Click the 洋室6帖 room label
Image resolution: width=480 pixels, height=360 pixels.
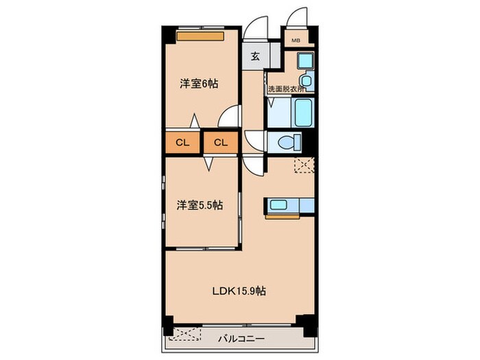(x=200, y=84)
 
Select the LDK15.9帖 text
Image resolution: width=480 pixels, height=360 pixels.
(x=238, y=290)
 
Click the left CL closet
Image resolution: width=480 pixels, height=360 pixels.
(x=182, y=143)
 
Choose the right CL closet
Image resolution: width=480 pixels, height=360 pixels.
(x=220, y=143)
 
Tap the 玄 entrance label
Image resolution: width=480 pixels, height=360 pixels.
(x=254, y=57)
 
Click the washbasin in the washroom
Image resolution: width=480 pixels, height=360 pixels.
(x=307, y=82)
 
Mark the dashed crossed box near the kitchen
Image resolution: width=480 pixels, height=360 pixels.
(x=302, y=165)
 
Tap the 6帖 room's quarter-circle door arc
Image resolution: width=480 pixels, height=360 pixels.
(x=230, y=117)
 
